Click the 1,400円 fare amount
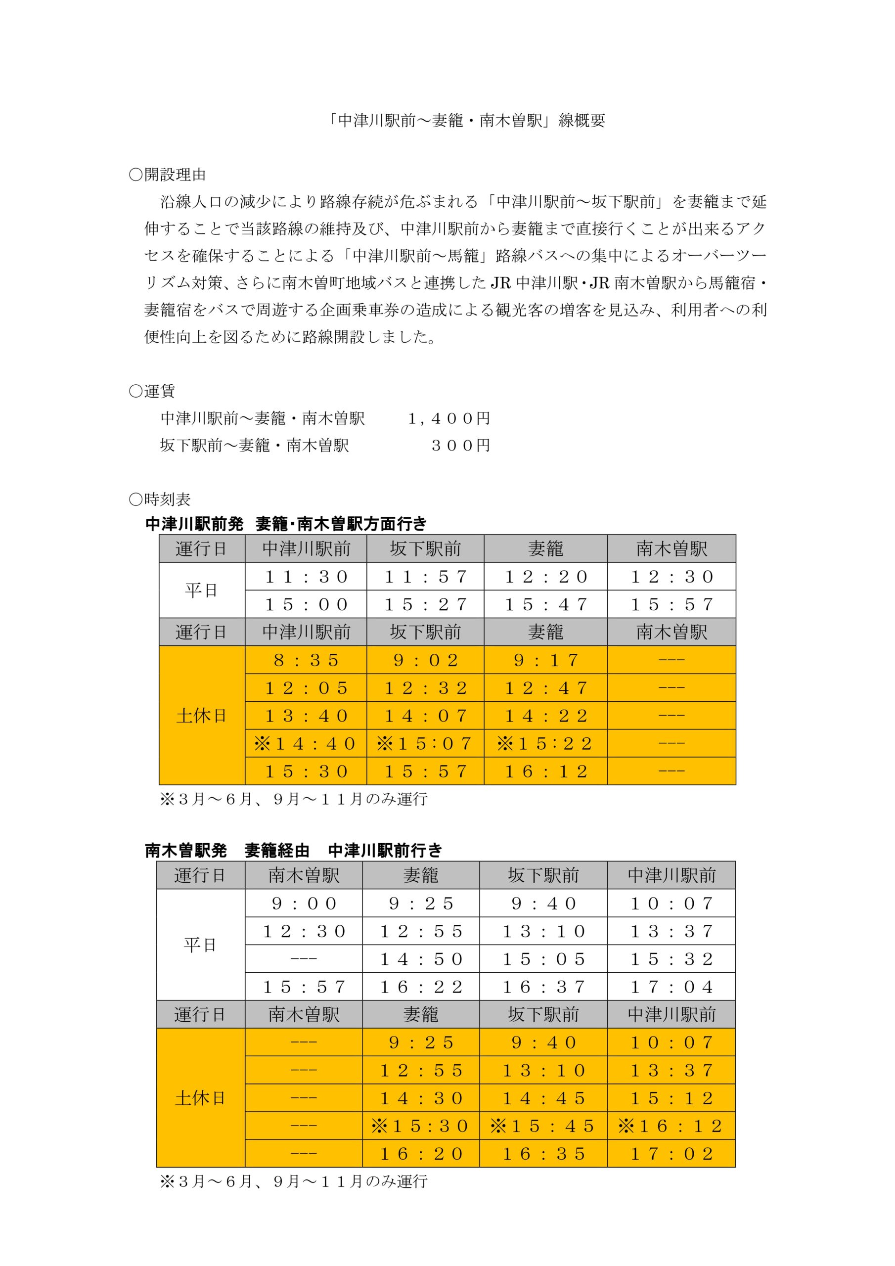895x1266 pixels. pos(449,418)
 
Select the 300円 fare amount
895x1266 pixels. pos(460,446)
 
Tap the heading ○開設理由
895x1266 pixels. pos(167,175)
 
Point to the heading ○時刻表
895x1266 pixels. pos(159,499)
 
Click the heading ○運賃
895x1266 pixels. pos(152,392)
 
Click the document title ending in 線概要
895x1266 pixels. pos(465,121)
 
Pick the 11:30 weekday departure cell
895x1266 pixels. pos(306,577)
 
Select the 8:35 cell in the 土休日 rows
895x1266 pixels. pos(306,660)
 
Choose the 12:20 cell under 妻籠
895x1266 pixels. pos(546,577)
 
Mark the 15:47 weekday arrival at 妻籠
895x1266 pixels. pos(546,604)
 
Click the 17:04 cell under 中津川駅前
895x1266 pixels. pos(671,987)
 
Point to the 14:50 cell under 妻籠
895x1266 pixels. pos(421,959)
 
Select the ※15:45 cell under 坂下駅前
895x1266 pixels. pos(543,1126)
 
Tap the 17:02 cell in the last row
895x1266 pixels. pos(671,1154)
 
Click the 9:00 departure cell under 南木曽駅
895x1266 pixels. pos(304,903)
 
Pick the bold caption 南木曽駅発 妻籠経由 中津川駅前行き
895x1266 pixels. pos(293,851)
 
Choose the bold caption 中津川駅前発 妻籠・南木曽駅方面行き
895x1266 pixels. pos(286,524)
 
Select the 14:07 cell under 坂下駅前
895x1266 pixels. pos(425,716)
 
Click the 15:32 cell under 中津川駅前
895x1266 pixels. pos(671,959)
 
